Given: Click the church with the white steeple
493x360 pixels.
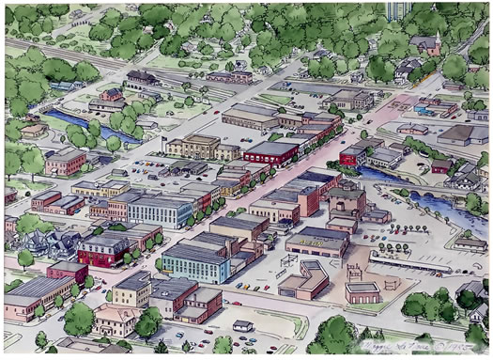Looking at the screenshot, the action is coord(435,42).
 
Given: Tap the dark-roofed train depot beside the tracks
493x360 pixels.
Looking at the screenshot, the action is coord(144,77).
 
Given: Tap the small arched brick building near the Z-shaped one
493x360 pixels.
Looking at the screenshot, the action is coord(362,291).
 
